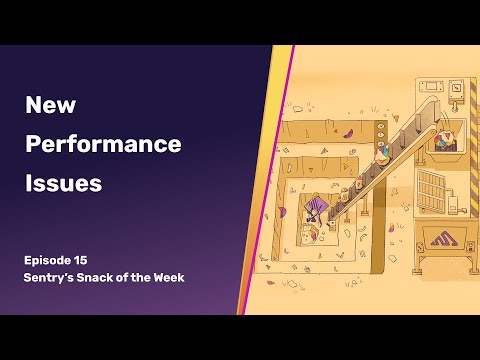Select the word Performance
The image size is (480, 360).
click(x=103, y=144)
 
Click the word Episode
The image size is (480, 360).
click(x=52, y=259)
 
